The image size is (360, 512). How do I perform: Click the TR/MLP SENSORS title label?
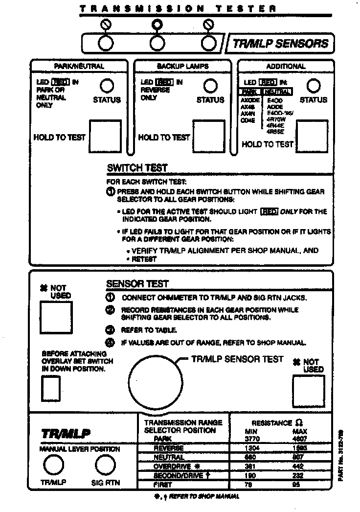coord(280,43)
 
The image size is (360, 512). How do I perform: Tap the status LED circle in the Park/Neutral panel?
coord(107,86)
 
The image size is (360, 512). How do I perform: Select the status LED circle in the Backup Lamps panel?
coord(210,86)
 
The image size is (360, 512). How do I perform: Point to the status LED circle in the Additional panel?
coord(313,86)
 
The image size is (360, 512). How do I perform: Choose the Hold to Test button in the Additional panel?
coord(313,136)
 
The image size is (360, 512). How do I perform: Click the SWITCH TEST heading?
coord(137,168)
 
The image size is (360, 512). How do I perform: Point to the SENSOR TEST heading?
coord(137,284)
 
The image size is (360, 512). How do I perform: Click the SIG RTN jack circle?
coord(106,465)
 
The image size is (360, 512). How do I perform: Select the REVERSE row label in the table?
coord(169,448)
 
